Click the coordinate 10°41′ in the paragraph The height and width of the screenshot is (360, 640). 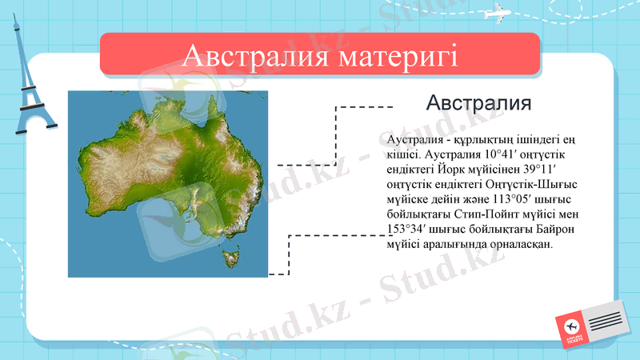tap(496, 154)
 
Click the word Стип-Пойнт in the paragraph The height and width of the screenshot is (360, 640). tap(486, 214)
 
